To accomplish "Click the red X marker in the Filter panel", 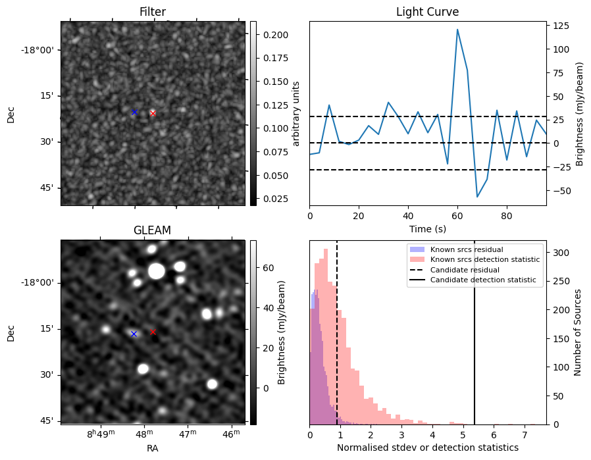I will click(x=153, y=113).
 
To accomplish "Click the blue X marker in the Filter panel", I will click(x=134, y=112).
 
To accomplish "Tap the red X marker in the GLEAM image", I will click(x=153, y=332).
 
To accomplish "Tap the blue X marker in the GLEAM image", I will click(x=134, y=334).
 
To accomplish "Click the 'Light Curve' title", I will click(x=427, y=12).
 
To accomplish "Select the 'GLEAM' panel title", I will click(x=152, y=230).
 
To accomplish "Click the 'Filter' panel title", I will click(x=152, y=12).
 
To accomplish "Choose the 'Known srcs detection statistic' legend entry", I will click(x=485, y=259).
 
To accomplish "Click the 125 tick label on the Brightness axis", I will click(x=561, y=26).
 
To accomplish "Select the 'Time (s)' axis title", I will click(x=427, y=227).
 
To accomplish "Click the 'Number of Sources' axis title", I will click(x=578, y=332).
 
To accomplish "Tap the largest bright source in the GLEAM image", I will click(x=157, y=270).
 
